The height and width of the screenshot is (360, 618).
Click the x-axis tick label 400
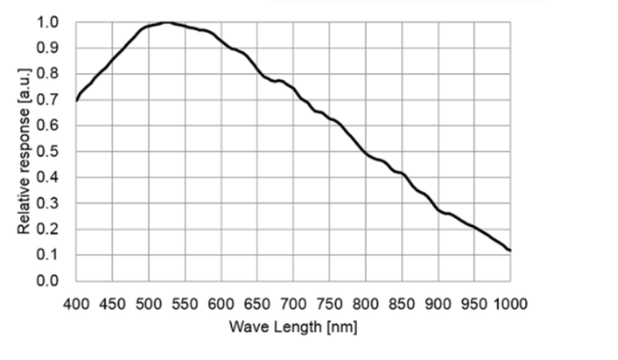coord(75,303)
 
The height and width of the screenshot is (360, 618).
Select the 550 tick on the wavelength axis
coord(185,303)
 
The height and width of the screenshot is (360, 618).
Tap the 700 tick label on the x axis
coord(293,303)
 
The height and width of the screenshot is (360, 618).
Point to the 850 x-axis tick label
coord(402,303)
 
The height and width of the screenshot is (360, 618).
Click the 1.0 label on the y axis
coord(48,22)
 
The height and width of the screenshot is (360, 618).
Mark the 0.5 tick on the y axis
coord(48,152)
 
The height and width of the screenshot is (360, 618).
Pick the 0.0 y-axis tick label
coord(48,281)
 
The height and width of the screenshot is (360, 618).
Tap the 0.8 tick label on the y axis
coord(48,74)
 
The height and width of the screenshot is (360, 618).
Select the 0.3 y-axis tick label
coord(48,204)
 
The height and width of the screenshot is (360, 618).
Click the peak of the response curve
coord(166,22)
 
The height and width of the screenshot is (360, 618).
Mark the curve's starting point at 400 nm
coord(76,100)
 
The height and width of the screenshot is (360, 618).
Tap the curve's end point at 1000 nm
coord(510,251)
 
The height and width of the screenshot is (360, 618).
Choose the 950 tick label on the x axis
coord(474,303)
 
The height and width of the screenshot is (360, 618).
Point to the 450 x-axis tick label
coord(112,303)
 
